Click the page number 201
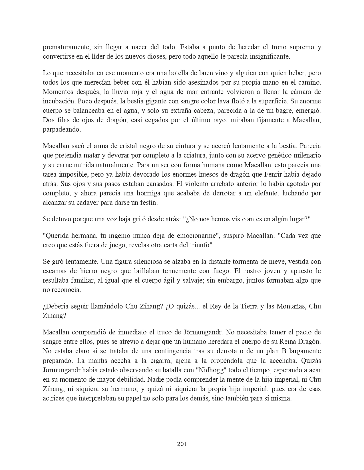point(182,444)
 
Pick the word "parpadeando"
point(62,130)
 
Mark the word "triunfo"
point(201,245)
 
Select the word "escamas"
point(54,271)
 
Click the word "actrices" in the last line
point(53,398)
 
